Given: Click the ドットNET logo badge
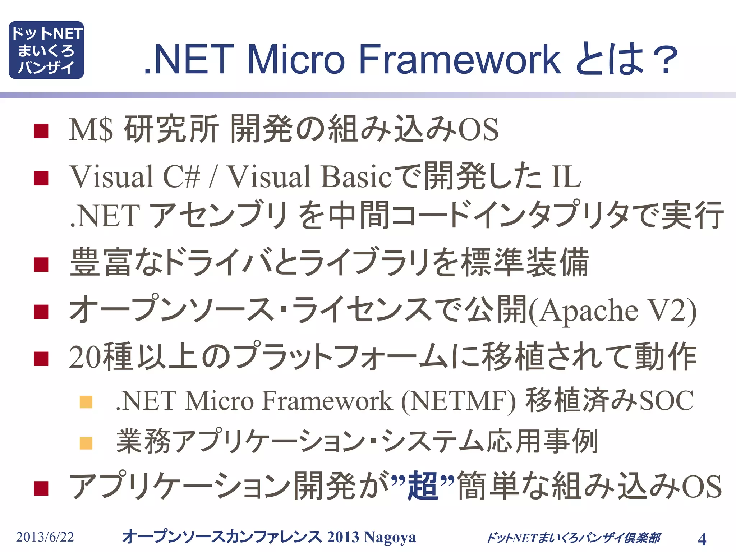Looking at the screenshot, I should pos(46,50).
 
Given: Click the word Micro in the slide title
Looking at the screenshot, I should pos(295,59).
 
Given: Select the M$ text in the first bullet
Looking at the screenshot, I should pos(91,129).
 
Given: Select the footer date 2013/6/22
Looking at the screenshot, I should pos(45,537).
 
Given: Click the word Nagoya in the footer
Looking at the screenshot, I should pos(390,537).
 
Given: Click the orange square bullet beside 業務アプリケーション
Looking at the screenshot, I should pos(86,443).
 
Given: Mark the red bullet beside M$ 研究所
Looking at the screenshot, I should pos(41,131).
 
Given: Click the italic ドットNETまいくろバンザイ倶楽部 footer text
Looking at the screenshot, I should pos(573,538).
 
